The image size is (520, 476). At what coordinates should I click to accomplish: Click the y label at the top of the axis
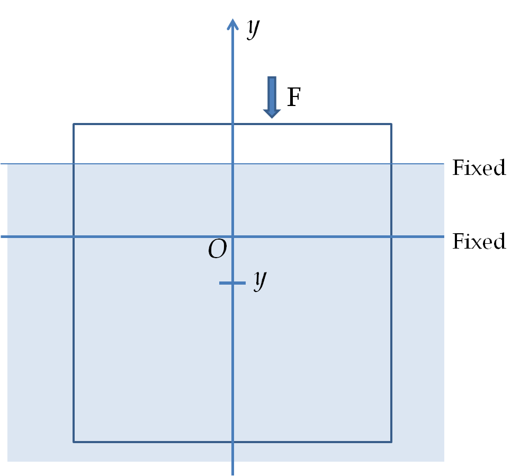point(253,29)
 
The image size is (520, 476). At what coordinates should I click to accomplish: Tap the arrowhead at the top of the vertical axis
point(232,24)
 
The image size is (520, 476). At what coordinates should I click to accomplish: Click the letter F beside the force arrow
point(294,97)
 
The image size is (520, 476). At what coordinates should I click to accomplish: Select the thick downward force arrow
point(272,97)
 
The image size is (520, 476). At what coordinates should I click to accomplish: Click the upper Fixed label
point(479,168)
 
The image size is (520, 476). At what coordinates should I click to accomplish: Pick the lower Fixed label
point(479,241)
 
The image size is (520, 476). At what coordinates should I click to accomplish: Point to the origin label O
point(218,249)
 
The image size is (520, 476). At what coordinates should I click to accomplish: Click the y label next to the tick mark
point(261,280)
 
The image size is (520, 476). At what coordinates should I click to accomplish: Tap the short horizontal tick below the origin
point(232,283)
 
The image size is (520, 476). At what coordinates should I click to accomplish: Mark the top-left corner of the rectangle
point(74,124)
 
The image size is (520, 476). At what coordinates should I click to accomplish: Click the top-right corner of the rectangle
point(391,124)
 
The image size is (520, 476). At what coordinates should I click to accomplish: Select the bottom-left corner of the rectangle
point(74,442)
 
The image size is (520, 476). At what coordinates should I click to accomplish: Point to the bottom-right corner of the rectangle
point(391,442)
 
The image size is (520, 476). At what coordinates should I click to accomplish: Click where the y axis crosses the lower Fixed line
point(232,236)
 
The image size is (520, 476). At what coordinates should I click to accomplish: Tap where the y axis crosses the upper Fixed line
point(232,164)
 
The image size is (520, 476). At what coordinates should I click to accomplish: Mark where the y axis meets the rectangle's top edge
point(232,124)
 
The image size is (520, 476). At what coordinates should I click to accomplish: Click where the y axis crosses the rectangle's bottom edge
point(232,442)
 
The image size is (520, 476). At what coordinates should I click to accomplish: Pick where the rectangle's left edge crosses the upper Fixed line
point(74,164)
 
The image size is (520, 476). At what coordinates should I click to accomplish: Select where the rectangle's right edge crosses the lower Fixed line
point(391,236)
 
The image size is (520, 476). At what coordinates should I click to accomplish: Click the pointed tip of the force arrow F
point(272,118)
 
